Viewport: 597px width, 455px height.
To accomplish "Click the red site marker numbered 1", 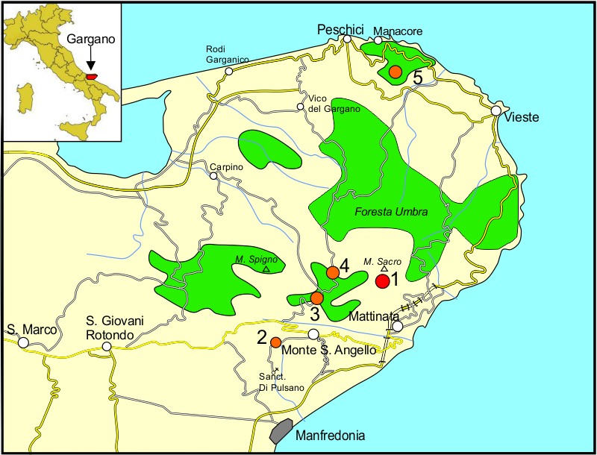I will click(x=383, y=281).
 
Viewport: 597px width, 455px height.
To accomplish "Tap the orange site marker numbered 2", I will click(x=275, y=342).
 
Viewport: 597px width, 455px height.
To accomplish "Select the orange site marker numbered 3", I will click(x=316, y=298).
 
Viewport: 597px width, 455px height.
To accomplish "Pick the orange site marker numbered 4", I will click(x=333, y=272).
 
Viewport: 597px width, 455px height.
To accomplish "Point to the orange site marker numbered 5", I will click(x=396, y=72).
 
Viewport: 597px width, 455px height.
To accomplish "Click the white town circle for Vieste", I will click(x=496, y=110).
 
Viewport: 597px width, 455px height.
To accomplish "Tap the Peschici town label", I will click(x=340, y=29).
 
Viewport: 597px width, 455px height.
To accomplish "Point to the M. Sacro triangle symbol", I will click(x=384, y=269).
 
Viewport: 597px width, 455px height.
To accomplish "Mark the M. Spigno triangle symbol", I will click(x=265, y=269).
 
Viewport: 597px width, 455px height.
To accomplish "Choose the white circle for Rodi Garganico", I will click(x=229, y=72).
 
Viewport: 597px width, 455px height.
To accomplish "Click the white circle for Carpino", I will click(x=213, y=177).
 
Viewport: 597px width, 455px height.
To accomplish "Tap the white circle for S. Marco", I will click(x=23, y=342).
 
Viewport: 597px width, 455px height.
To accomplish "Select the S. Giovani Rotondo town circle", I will click(x=107, y=347).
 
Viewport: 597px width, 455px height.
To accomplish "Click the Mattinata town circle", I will click(x=398, y=326).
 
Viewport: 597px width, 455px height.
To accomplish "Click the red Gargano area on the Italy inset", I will click(x=92, y=76).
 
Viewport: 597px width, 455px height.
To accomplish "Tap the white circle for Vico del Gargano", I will click(x=300, y=107).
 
